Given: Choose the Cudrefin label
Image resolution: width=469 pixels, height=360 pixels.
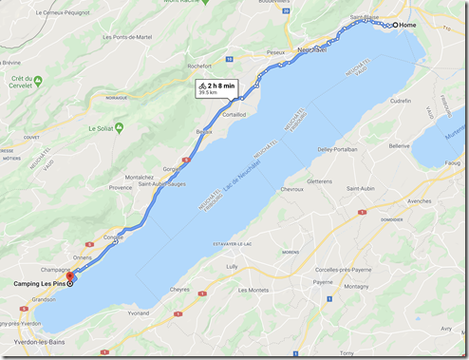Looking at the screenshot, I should pyautogui.click(x=399, y=100).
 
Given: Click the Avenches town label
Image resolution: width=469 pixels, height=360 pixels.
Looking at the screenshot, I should pyautogui.click(x=419, y=201).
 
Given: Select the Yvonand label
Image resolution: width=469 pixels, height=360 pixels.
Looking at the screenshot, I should pyautogui.click(x=139, y=313).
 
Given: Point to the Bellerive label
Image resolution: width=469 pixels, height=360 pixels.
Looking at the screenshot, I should pyautogui.click(x=399, y=146).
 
